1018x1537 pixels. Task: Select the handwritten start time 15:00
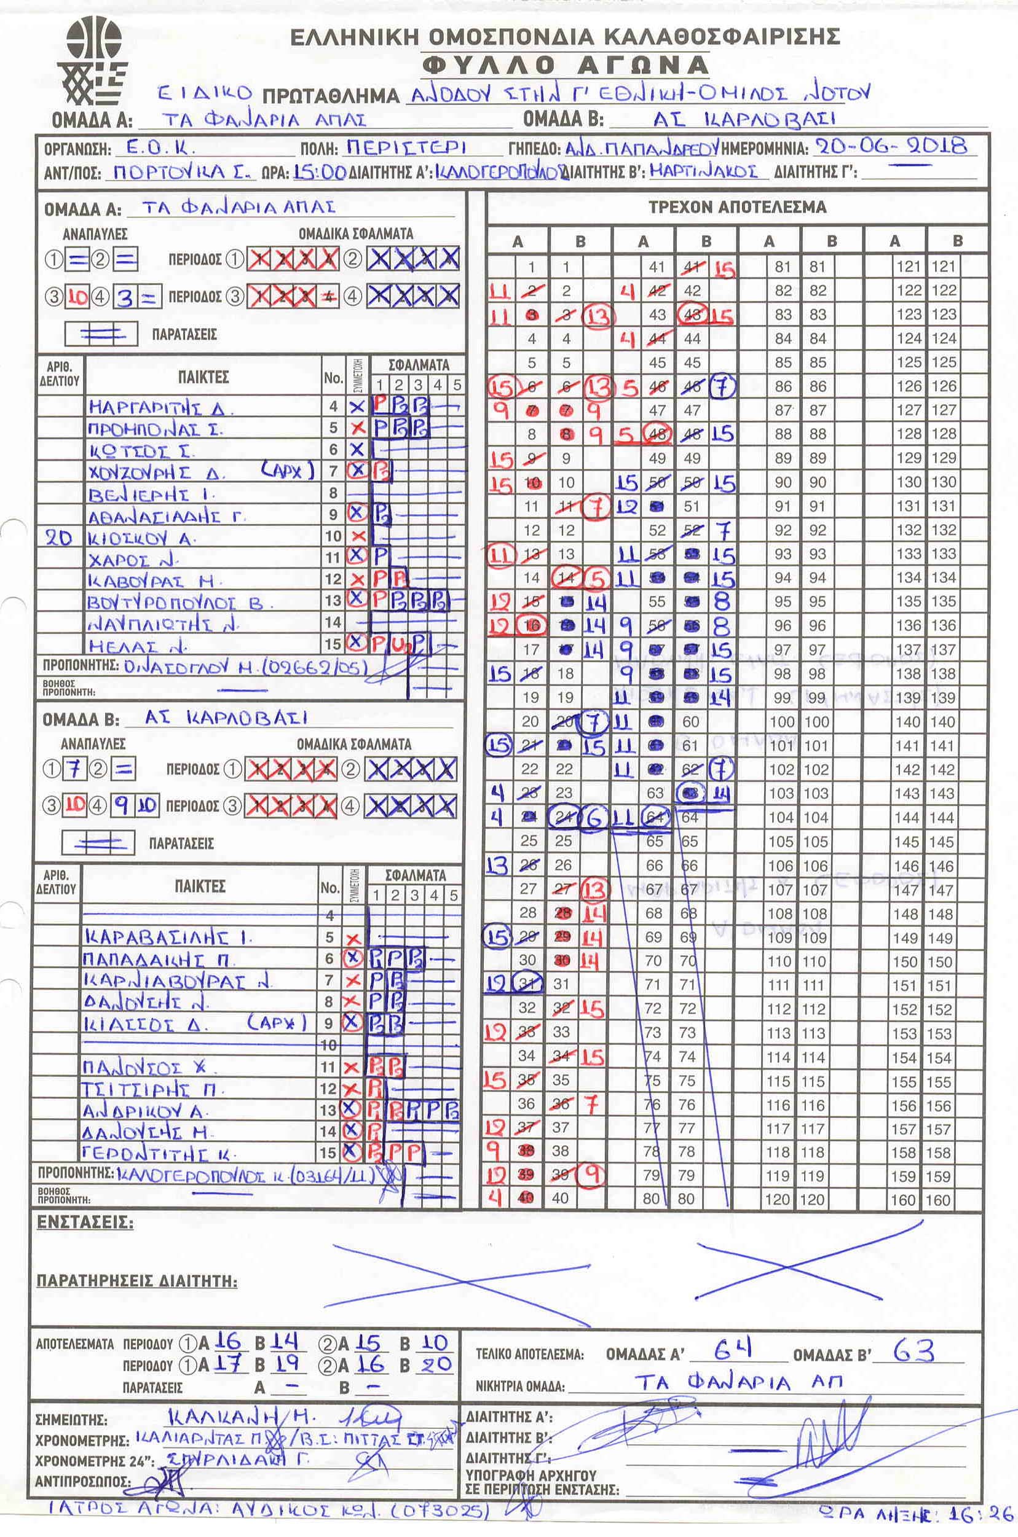click(x=318, y=173)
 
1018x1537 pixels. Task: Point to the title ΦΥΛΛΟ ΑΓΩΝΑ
click(x=565, y=65)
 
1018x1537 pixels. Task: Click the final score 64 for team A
click(x=733, y=1351)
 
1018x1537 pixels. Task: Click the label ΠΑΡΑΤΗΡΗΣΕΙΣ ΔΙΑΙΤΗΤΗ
click(x=137, y=1281)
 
